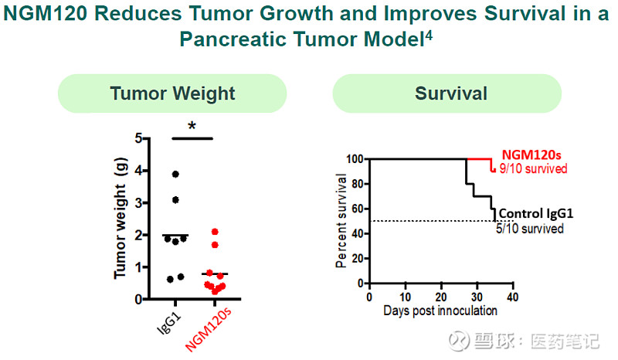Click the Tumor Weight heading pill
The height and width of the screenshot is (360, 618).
[172, 94]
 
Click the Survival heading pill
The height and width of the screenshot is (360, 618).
[451, 94]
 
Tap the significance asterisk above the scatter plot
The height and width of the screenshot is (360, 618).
[191, 127]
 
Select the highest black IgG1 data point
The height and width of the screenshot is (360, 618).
[176, 174]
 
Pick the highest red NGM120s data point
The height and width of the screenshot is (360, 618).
[216, 232]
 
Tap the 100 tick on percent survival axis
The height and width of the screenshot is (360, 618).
[355, 159]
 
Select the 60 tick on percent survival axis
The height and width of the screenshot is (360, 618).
[357, 209]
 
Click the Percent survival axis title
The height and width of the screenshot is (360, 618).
[341, 221]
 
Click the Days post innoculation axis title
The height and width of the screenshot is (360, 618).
[440, 311]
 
